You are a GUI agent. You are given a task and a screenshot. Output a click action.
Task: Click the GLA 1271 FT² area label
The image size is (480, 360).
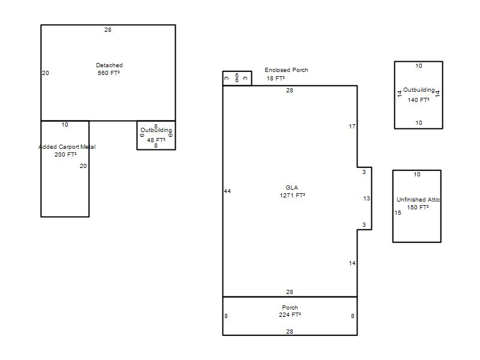[x=292, y=191]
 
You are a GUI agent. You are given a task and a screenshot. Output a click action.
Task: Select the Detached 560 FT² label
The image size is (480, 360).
[x=109, y=69]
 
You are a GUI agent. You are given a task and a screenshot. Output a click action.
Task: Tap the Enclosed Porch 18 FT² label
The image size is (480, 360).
[x=286, y=74]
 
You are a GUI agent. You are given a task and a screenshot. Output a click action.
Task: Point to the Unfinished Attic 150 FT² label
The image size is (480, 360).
[x=418, y=203]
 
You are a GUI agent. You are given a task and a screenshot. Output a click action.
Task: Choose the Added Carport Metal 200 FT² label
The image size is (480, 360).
[x=67, y=151]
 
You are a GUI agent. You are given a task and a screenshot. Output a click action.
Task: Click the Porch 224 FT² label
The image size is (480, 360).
[x=290, y=311]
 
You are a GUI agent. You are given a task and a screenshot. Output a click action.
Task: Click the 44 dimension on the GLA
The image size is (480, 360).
[x=227, y=191]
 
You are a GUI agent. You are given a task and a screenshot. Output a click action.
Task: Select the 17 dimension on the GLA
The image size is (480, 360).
[x=352, y=127]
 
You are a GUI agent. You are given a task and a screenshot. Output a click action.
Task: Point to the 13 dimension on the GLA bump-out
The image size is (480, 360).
[x=367, y=199]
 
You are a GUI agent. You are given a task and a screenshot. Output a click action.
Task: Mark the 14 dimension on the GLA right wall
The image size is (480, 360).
[x=352, y=263]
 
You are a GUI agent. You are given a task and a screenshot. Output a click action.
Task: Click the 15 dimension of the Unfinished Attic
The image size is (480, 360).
[x=398, y=213]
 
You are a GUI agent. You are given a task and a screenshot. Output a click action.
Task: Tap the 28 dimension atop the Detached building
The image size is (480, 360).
[x=108, y=29]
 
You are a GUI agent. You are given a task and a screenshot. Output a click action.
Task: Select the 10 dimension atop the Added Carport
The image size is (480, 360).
[x=65, y=125]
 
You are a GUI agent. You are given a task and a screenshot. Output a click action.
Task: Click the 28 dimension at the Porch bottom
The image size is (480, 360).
[x=290, y=331]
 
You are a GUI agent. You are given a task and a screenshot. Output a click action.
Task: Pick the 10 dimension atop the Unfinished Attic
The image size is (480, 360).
[x=417, y=175]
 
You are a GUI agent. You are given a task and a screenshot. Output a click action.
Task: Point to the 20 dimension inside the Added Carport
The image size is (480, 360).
[x=83, y=166]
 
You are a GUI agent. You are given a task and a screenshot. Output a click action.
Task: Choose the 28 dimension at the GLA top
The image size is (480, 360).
[x=290, y=91]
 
